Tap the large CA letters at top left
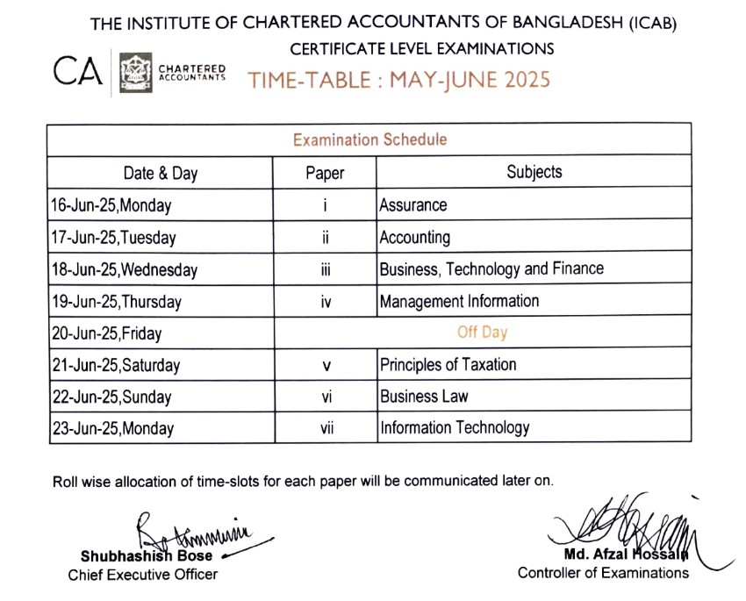click(x=78, y=71)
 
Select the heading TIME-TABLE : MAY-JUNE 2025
click(x=399, y=80)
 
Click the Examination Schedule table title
click(x=369, y=140)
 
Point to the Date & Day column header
click(x=161, y=173)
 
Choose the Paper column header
click(x=325, y=173)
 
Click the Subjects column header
click(x=534, y=172)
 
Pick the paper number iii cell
click(x=325, y=269)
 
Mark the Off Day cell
click(x=482, y=333)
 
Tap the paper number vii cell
click(x=326, y=429)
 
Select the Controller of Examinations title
click(x=603, y=573)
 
